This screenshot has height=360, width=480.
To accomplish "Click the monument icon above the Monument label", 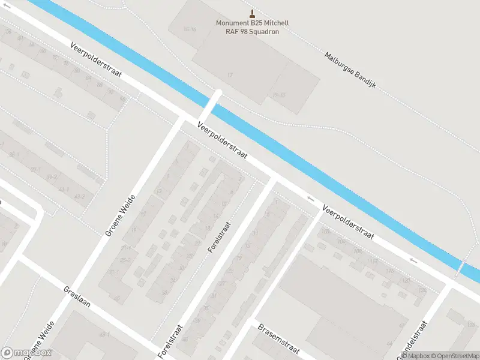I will tap(252, 14).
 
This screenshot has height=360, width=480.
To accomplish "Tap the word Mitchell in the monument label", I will tap(274, 23).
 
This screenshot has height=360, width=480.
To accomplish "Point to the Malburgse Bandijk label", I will tap(350, 69).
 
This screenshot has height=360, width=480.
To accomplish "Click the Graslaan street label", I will tap(77, 296).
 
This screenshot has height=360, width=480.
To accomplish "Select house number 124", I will tap(422, 290).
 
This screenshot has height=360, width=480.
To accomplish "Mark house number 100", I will tap(326, 232).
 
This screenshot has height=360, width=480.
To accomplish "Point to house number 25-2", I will tap(125, 260).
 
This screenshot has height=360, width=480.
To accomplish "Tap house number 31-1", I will tap(114, 272).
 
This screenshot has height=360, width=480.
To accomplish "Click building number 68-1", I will tap(104, 334).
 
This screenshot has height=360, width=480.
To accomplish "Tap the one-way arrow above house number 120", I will tap(413, 260).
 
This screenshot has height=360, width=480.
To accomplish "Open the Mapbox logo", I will tap(26, 353).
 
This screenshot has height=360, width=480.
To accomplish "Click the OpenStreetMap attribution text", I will tap(455, 356).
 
